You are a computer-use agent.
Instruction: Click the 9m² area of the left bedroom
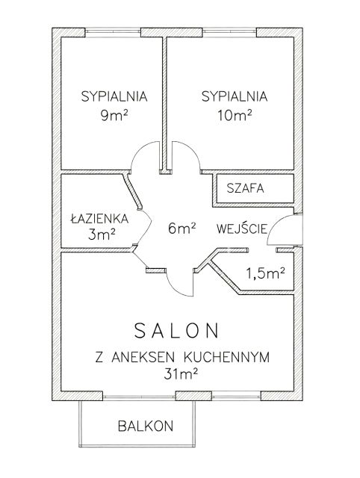(x=114, y=115)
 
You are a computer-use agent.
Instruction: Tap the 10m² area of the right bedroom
(x=235, y=115)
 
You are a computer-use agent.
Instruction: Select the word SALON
(x=176, y=330)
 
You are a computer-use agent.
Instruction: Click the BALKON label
(x=146, y=426)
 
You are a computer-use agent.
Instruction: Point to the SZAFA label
(x=245, y=188)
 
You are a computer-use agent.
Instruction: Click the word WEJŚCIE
(x=242, y=228)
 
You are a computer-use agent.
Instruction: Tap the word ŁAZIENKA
(x=99, y=218)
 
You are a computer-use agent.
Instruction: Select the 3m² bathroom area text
(x=102, y=234)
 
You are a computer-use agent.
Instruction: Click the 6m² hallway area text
(x=182, y=228)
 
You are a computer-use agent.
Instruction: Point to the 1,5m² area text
(x=265, y=273)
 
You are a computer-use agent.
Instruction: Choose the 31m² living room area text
(x=181, y=373)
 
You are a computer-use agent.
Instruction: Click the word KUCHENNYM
(x=227, y=357)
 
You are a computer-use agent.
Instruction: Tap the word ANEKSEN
(x=143, y=357)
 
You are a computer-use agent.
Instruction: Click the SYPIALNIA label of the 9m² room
(x=114, y=96)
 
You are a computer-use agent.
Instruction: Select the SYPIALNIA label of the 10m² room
(x=235, y=96)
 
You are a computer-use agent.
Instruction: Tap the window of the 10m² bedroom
(x=229, y=31)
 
